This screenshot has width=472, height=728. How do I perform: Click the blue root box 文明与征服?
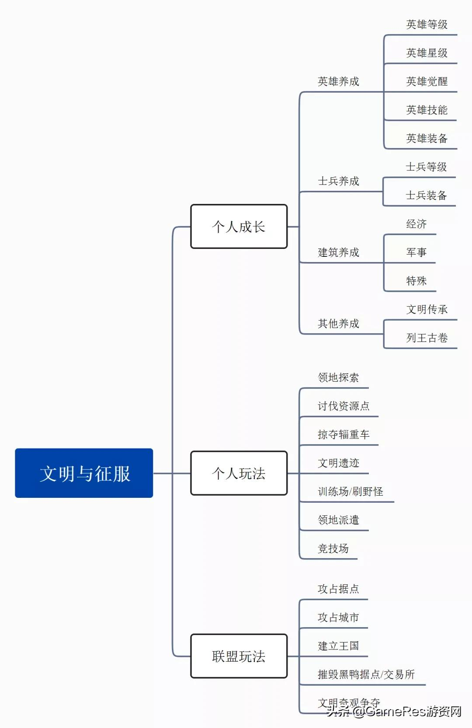click(84, 473)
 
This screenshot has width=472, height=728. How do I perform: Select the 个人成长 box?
click(239, 227)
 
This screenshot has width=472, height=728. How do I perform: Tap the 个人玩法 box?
click(239, 473)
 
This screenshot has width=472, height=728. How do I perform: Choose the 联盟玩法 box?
click(239, 656)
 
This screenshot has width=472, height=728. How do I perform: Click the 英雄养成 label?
click(338, 82)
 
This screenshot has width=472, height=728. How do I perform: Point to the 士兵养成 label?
click(338, 181)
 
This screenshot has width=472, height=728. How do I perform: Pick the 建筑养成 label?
click(338, 252)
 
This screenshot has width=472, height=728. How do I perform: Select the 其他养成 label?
click(338, 324)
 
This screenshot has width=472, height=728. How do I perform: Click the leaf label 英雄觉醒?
click(427, 82)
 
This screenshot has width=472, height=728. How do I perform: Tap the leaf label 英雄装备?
click(427, 138)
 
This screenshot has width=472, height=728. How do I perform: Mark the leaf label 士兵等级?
click(426, 167)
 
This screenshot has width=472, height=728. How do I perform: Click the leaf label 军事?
click(416, 252)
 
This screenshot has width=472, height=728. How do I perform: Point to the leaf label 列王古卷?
click(427, 338)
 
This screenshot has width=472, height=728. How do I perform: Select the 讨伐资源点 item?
click(344, 406)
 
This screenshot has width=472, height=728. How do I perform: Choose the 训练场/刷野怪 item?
click(350, 492)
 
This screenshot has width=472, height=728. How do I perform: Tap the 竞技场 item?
click(333, 549)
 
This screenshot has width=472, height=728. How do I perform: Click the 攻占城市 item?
click(338, 618)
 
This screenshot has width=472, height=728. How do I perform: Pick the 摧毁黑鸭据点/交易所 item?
click(366, 675)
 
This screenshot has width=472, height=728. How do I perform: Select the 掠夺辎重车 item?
click(344, 435)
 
